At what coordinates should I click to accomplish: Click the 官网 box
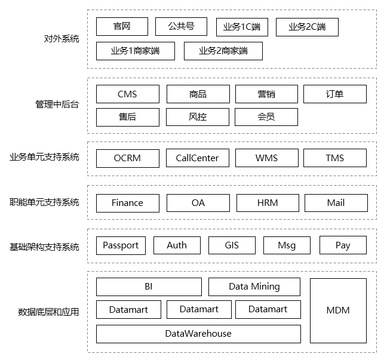[x=122, y=26]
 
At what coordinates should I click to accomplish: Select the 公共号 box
[x=181, y=26]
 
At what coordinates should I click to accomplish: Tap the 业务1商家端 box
[x=136, y=51]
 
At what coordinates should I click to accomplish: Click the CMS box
[x=127, y=94]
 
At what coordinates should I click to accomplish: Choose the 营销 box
[x=266, y=94]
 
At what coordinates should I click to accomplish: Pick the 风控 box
[x=197, y=117]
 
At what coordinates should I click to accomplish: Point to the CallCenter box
[x=197, y=158]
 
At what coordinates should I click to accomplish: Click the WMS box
[x=266, y=158]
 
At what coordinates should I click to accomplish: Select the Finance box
[x=127, y=203]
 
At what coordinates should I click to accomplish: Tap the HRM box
[x=268, y=203]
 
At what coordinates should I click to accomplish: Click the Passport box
[x=121, y=245]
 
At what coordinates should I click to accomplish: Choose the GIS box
[x=232, y=245]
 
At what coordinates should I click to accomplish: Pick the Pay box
[x=343, y=245]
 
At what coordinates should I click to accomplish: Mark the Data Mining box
[x=254, y=287]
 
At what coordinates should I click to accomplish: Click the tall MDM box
[x=338, y=310]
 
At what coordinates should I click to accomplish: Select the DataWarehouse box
[x=198, y=334]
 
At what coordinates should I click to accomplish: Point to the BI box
[x=149, y=287]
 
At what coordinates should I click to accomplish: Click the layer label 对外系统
[x=62, y=39]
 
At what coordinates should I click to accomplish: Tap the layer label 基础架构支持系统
[x=44, y=247]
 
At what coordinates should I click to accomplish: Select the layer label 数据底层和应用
[x=48, y=312]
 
